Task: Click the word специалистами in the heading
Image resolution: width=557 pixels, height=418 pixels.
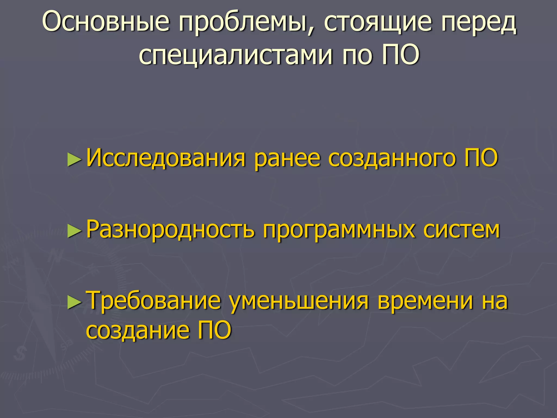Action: pyautogui.click(x=236, y=56)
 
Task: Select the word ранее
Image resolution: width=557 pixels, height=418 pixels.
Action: pyautogui.click(x=287, y=159)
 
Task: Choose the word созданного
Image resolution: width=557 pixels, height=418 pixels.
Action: pyautogui.click(x=392, y=159)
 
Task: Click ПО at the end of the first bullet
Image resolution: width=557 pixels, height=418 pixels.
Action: pyautogui.click(x=481, y=158)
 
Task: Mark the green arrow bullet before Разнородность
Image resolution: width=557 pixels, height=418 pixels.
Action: pyautogui.click(x=74, y=232)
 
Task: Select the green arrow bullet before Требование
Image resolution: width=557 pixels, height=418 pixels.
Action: pyautogui.click(x=74, y=303)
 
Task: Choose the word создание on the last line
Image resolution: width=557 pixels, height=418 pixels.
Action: pyautogui.click(x=138, y=331)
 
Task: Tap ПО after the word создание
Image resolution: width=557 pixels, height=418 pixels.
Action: pyautogui.click(x=214, y=330)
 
